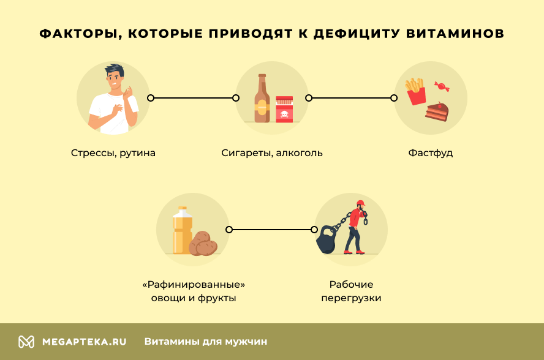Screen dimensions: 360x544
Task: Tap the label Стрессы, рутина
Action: (x=113, y=152)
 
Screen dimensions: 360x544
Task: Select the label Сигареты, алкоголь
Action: (x=272, y=152)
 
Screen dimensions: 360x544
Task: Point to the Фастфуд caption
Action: (x=431, y=152)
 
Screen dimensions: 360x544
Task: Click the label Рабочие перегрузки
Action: (x=351, y=291)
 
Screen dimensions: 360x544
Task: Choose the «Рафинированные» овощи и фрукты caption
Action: (x=193, y=291)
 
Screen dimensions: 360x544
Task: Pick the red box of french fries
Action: (x=417, y=94)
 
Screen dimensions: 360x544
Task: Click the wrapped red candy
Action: (x=441, y=86)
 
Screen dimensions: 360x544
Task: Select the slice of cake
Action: (x=437, y=111)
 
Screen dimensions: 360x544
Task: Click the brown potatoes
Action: (x=203, y=244)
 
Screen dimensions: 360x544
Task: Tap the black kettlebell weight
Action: (x=325, y=240)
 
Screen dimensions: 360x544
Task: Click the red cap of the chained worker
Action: (x=360, y=203)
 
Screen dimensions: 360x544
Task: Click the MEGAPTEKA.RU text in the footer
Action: (x=84, y=342)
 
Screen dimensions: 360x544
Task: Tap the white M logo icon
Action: (x=26, y=342)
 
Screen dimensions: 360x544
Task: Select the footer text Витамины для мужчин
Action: (x=206, y=342)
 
